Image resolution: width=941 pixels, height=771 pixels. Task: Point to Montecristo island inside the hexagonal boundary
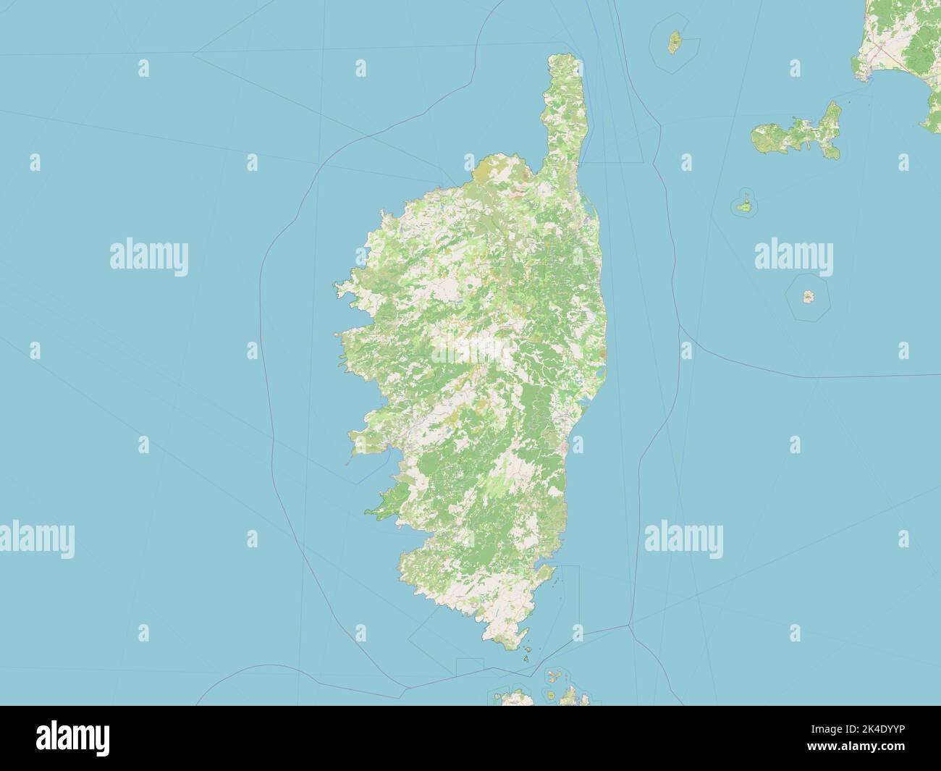pyautogui.click(x=807, y=296)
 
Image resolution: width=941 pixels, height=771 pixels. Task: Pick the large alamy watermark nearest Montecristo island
pyautogui.click(x=793, y=255)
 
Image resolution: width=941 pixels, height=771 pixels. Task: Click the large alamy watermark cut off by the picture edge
pyautogui.click(x=37, y=539)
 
